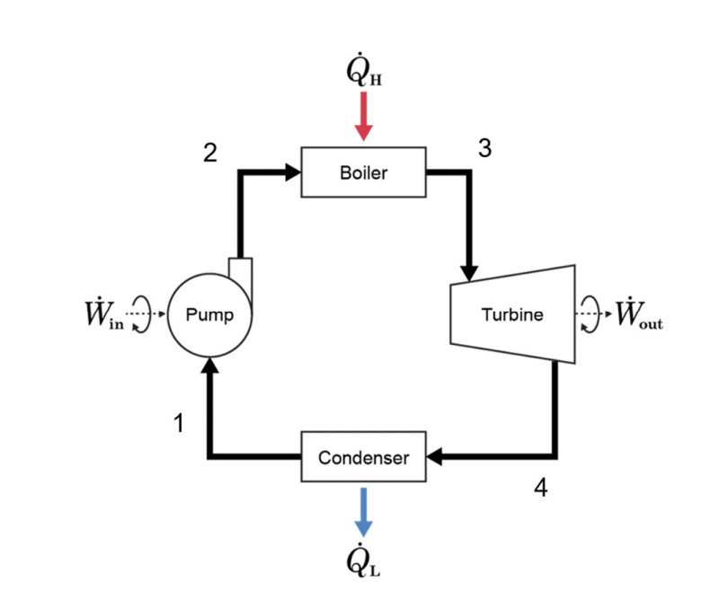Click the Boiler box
tap(363, 172)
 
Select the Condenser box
tap(363, 458)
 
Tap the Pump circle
tap(210, 315)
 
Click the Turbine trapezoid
tap(511, 315)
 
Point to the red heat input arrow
tap(363, 117)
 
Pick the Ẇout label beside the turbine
tap(639, 316)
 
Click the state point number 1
tap(179, 423)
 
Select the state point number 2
tap(209, 153)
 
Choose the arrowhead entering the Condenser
tap(435, 458)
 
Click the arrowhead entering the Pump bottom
tap(210, 365)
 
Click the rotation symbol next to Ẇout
tap(588, 316)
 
